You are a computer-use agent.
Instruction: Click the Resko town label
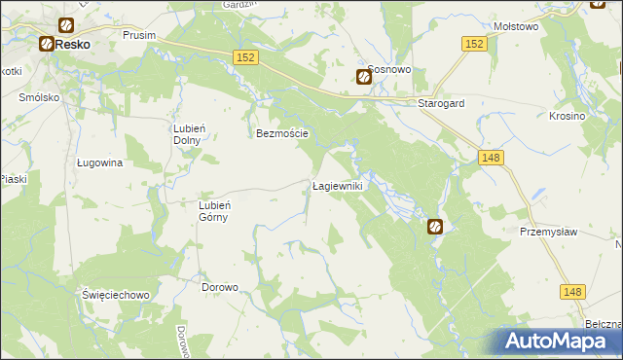pos(72,45)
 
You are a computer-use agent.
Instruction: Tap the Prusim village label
pos(141,34)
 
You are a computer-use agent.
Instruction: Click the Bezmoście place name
pos(282,134)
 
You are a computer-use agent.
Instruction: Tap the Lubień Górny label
pos(213,211)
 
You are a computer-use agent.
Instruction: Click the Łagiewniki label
pos(337,186)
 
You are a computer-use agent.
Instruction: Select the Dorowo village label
pos(220,288)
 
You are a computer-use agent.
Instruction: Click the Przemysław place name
pos(549,232)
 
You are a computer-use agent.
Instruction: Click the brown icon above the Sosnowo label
pos(364,78)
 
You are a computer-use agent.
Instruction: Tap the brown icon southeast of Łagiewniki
pos(435,227)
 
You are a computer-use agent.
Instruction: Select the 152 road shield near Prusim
pos(245,58)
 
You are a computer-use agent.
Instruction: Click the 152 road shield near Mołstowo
pos(474,44)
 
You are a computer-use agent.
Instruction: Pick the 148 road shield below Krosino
pos(492,158)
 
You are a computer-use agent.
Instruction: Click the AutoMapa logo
pos(559,342)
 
